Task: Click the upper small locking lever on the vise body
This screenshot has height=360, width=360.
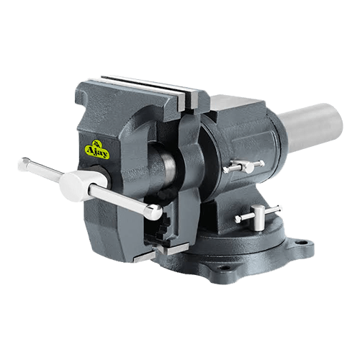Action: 243,167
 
